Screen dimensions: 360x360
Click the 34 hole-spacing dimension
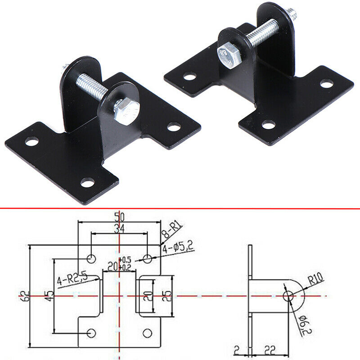[119, 228]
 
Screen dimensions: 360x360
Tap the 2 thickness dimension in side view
[236, 349]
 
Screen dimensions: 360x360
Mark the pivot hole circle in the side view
[288, 296]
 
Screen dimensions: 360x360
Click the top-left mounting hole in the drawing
[91, 258]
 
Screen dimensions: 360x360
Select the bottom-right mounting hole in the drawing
[148, 333]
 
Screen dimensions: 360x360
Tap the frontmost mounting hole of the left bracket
[87, 183]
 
